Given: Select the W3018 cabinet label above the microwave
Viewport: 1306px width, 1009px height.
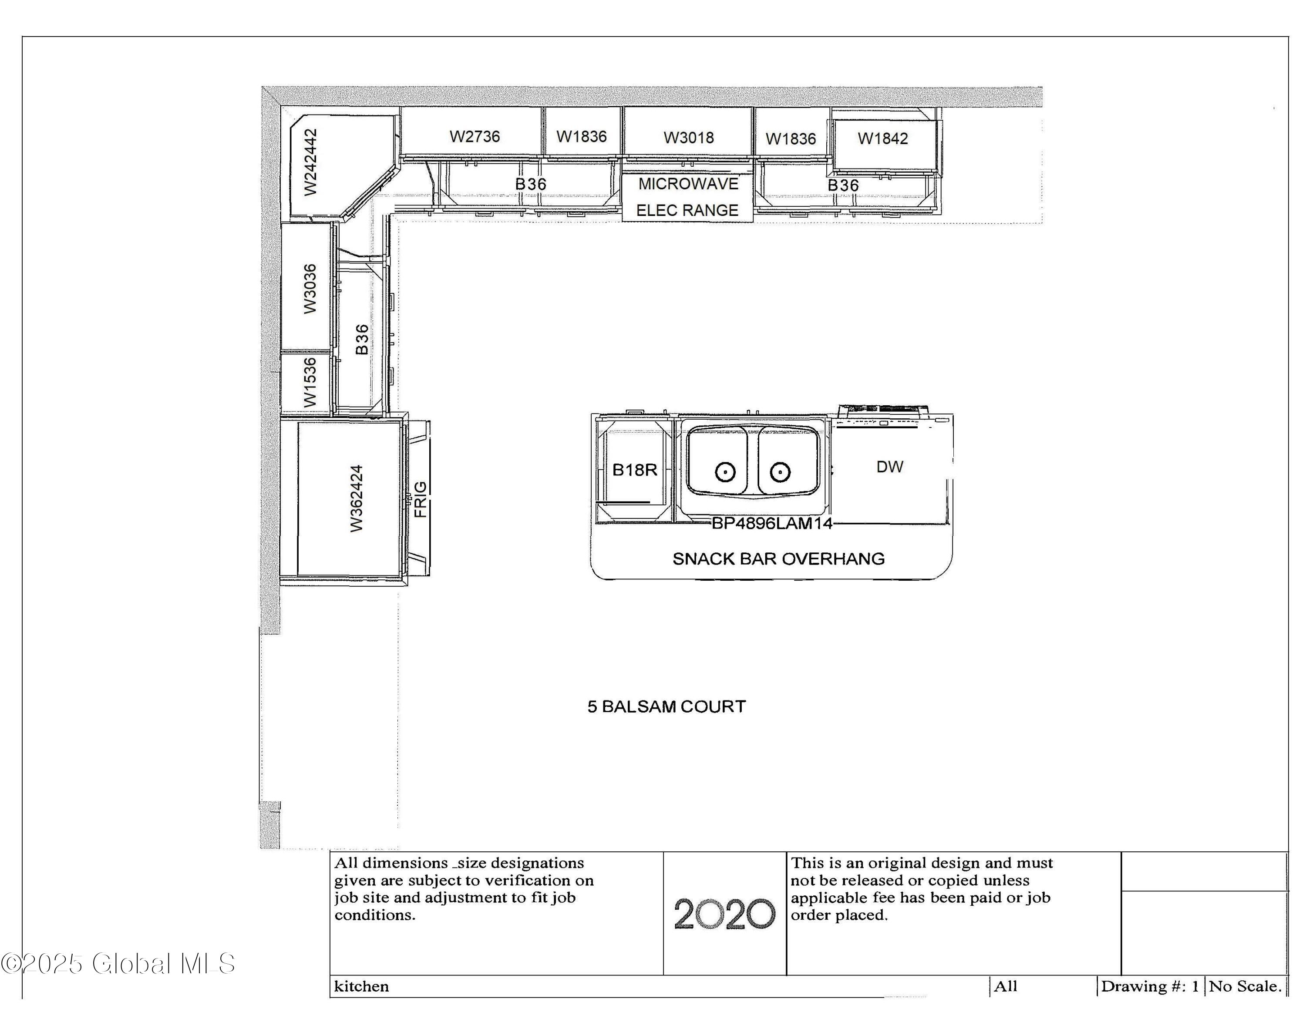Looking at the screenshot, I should [688, 138].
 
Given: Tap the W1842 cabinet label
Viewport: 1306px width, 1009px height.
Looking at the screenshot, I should [882, 139].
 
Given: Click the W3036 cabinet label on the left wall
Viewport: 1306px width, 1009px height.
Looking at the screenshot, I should [310, 288].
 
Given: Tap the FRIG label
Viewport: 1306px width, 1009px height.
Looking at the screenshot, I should [421, 499].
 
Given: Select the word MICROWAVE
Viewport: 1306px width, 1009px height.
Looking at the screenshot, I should [688, 184].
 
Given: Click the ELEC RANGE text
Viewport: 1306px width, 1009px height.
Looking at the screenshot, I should [687, 210].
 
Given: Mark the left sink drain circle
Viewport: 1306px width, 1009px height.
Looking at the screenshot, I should [725, 472].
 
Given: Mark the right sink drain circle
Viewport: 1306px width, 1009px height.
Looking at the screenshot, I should [780, 472].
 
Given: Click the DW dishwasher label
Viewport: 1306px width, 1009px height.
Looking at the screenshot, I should [889, 467].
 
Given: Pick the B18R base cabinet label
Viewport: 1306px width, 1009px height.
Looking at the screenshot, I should [634, 470].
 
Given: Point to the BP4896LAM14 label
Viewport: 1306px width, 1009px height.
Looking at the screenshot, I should [771, 524].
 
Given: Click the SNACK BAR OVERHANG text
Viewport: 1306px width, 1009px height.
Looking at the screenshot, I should [778, 559].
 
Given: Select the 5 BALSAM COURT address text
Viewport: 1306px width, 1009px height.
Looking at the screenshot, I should [666, 706].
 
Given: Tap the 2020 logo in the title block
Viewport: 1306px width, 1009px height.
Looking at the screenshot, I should [724, 914].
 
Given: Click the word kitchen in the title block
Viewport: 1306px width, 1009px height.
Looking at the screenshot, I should [361, 986].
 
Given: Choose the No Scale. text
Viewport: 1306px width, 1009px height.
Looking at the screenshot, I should [1245, 986].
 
